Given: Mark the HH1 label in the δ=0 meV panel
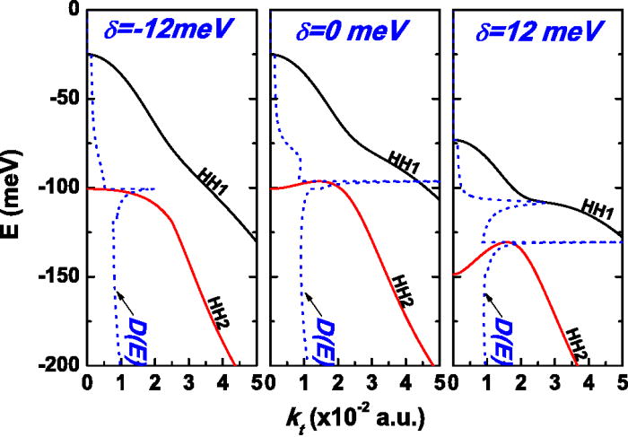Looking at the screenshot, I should coord(404,159).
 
